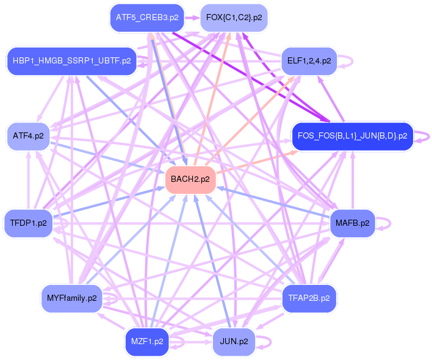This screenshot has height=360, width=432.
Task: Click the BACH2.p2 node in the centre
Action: click(x=190, y=179)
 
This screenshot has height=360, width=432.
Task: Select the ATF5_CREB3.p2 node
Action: click(x=147, y=18)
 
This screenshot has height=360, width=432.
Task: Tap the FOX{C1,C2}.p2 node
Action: click(x=234, y=18)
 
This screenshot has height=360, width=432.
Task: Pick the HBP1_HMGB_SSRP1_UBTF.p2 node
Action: click(x=71, y=61)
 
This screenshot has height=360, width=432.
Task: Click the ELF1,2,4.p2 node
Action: click(x=309, y=61)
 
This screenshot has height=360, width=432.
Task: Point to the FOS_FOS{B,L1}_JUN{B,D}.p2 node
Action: click(x=353, y=135)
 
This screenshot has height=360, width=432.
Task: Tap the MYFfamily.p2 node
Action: click(x=71, y=298)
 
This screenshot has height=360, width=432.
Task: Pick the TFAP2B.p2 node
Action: click(x=309, y=298)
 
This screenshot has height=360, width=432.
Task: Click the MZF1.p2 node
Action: click(x=147, y=342)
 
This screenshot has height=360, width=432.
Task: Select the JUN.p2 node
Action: click(x=234, y=342)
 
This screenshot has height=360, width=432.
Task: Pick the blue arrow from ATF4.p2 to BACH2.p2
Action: click(x=110, y=158)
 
